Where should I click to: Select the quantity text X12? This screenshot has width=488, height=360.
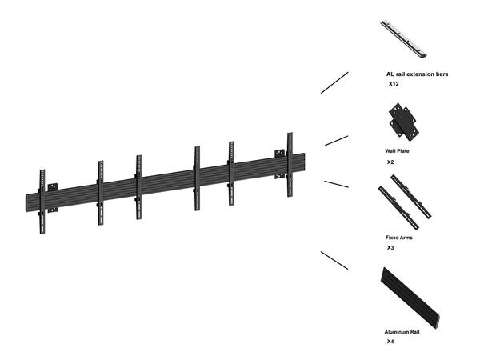(394, 84)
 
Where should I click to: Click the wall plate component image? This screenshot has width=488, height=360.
(402, 122)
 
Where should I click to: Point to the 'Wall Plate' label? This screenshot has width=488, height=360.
(397, 150)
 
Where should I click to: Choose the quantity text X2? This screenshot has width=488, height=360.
(390, 162)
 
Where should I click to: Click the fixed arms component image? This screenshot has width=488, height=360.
(404, 202)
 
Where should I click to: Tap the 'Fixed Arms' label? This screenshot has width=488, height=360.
(399, 238)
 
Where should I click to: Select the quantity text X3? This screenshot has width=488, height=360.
(390, 248)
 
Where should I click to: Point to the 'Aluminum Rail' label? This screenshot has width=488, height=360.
(402, 331)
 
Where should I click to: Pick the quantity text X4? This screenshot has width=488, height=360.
(390, 342)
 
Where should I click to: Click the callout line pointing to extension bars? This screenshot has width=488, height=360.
(334, 83)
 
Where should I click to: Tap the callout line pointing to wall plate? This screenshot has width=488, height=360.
(336, 140)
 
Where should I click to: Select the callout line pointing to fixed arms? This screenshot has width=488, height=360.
(336, 184)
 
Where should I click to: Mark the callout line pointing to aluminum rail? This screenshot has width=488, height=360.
(334, 260)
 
